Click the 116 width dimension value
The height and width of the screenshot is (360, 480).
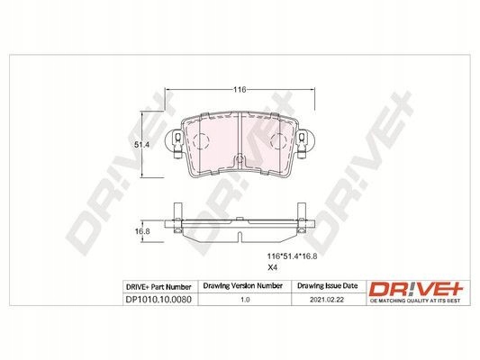click(x=240, y=90)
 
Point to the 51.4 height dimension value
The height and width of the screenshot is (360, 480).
click(x=141, y=145)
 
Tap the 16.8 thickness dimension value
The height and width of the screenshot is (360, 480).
click(x=142, y=231)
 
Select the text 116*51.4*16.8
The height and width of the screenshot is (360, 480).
click(x=293, y=256)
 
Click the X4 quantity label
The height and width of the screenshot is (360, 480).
click(x=273, y=267)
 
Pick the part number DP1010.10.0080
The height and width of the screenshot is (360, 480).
click(x=158, y=299)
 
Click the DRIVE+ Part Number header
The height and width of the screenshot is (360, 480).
click(x=158, y=287)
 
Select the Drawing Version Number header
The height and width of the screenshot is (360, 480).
click(x=243, y=285)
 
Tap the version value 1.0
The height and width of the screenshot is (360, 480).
click(x=245, y=300)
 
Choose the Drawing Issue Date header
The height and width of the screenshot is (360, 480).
click(x=328, y=285)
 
